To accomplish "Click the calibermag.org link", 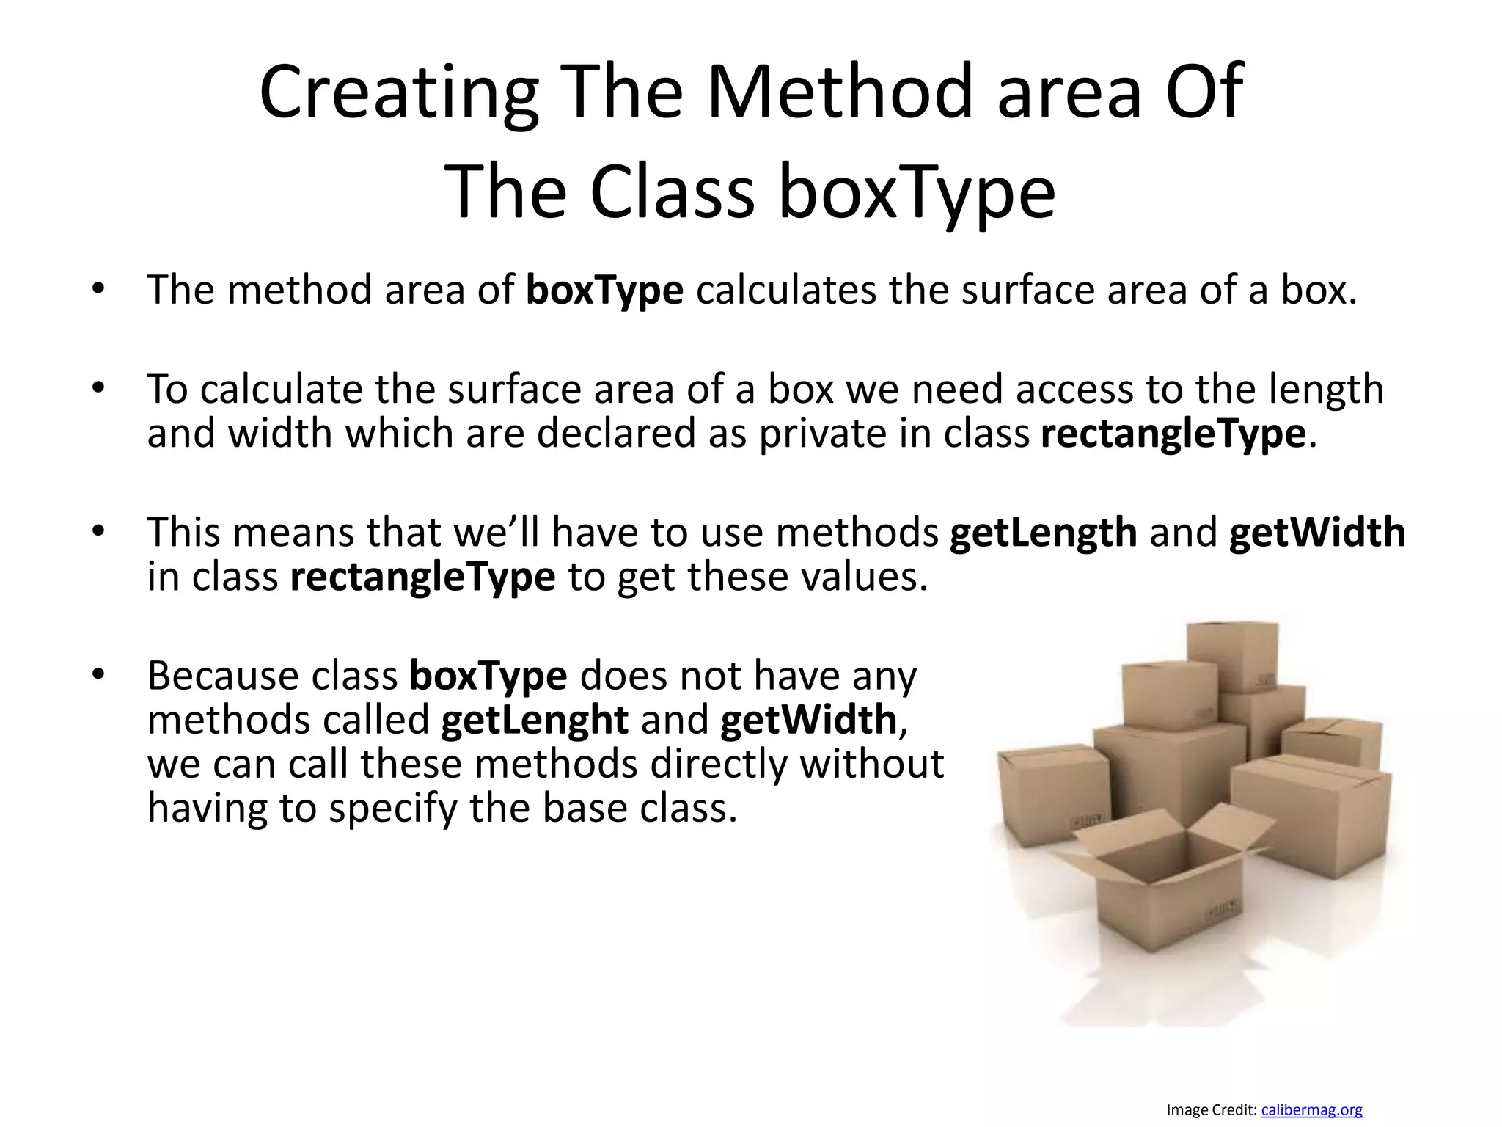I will [1311, 1110].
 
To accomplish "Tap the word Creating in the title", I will [399, 92].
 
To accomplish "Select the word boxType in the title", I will [917, 192].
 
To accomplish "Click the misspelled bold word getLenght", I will [535, 720].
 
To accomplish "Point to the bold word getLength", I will [1043, 532].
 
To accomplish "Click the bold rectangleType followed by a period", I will [1173, 433].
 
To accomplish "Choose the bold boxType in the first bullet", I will [605, 290].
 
